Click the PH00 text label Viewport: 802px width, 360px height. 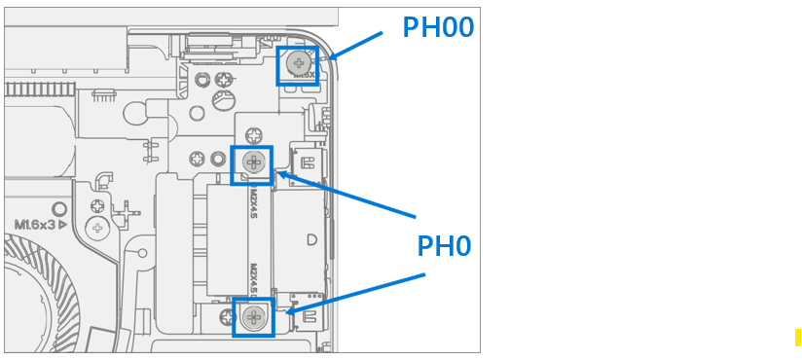[438, 27]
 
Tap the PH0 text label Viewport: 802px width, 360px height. [444, 246]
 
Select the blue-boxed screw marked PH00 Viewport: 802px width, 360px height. [297, 64]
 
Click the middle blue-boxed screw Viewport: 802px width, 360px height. [252, 163]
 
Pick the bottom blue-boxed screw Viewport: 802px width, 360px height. [253, 316]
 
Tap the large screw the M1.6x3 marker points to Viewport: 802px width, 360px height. [97, 229]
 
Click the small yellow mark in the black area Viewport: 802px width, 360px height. [798, 337]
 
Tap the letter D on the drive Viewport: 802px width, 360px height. [311, 239]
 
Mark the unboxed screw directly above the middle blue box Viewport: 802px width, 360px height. [253, 133]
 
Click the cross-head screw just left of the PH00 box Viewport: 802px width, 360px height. [225, 81]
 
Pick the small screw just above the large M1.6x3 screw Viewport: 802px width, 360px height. [97, 206]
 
